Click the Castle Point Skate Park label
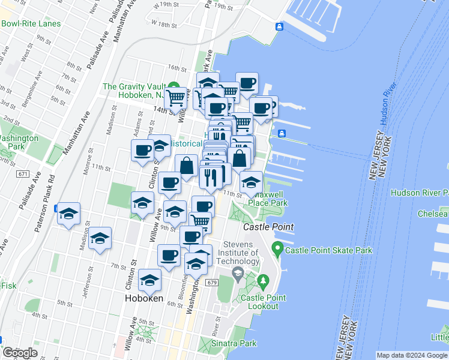[x=329, y=250]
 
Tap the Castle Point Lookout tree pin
[x=263, y=280]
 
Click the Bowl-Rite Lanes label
[x=31, y=23]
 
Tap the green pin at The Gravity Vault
[x=173, y=86]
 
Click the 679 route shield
[x=210, y=282]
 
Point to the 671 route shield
[x=23, y=174]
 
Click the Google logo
[x=20, y=353]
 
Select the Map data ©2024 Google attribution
[x=412, y=355]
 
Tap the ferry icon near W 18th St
[x=279, y=26]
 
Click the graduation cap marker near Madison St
[x=100, y=238]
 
